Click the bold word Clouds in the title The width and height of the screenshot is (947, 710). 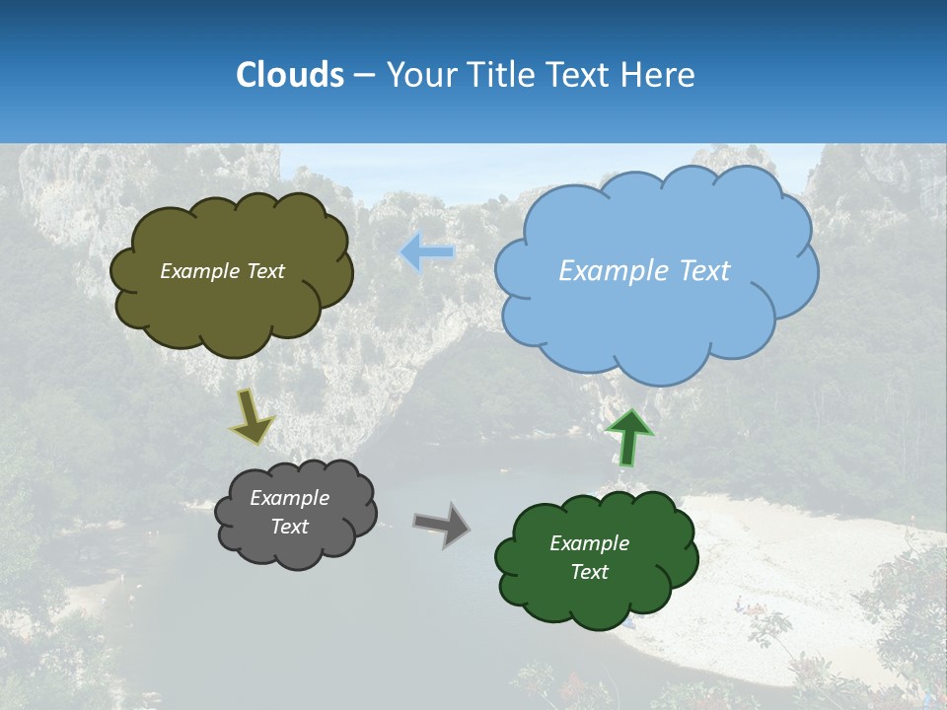289,75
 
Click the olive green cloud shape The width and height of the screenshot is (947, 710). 232,311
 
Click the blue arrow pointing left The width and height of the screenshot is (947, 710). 428,252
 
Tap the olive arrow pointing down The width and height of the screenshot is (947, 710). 252,417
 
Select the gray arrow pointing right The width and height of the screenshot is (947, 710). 441,524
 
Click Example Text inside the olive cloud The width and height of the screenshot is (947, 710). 222,271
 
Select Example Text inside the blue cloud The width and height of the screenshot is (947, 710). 644,271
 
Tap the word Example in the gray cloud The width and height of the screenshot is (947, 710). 289,498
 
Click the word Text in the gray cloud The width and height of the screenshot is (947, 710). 289,527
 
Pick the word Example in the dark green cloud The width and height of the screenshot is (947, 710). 589,543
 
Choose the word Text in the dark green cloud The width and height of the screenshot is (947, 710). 589,572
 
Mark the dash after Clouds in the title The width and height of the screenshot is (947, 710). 363,75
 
